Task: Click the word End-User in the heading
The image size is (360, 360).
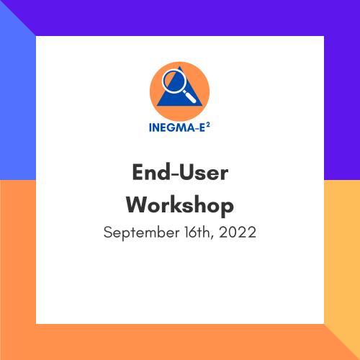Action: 180,174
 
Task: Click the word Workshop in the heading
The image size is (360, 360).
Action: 180,205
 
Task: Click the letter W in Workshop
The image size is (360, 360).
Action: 138,205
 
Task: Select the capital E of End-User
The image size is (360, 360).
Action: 138,174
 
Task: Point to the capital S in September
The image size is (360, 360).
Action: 108,233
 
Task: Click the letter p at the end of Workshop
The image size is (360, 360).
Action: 227,208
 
